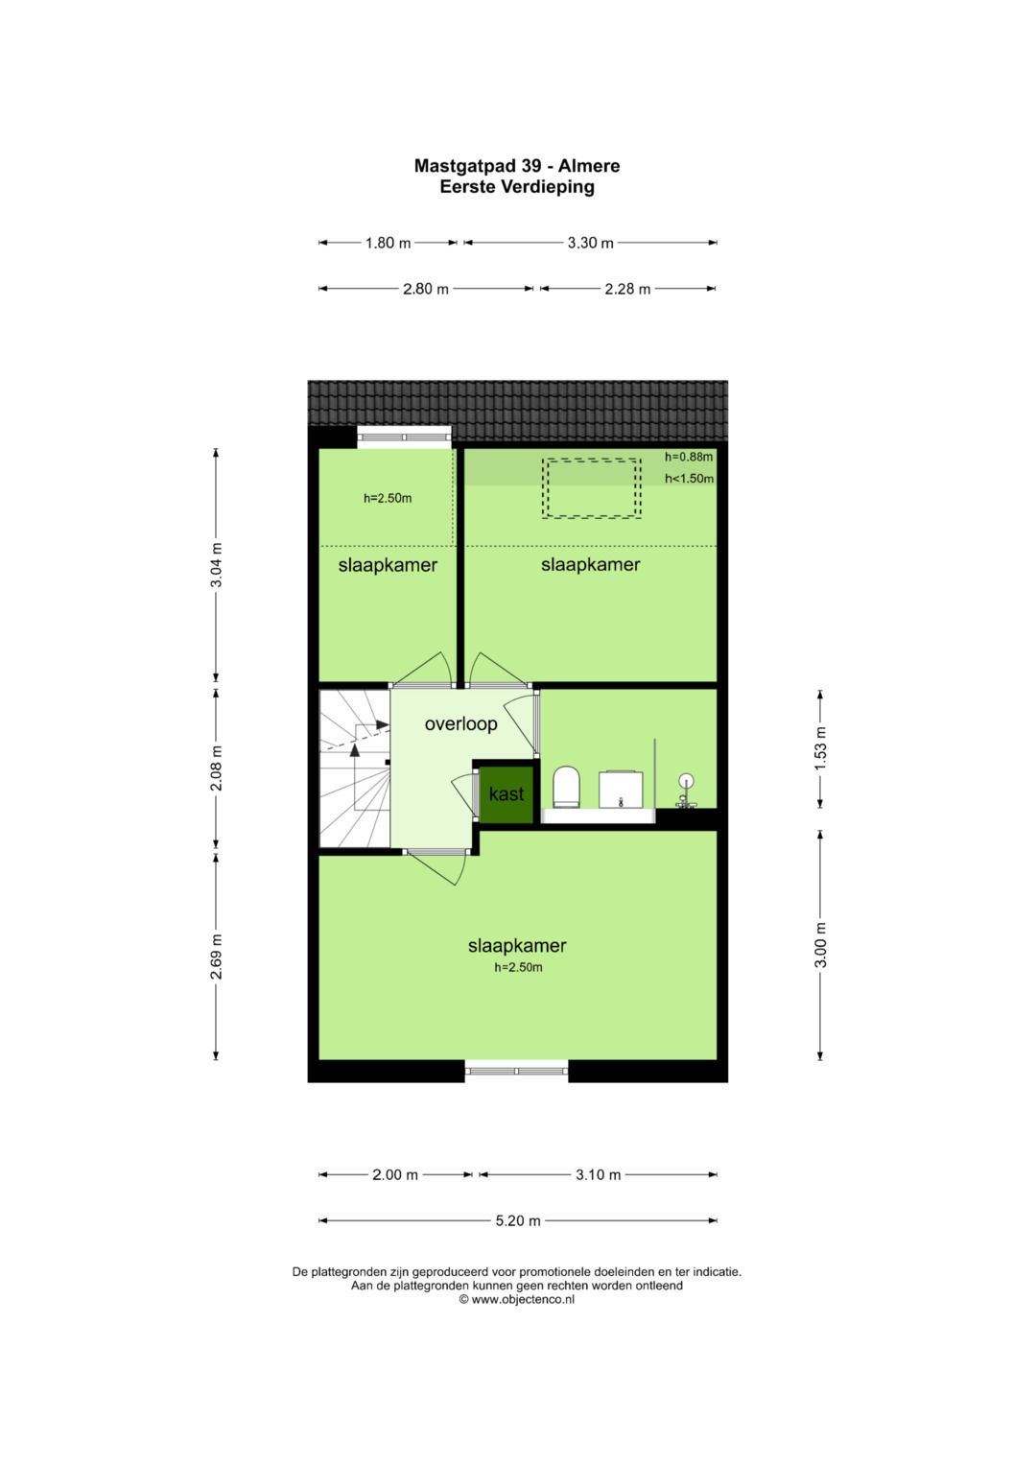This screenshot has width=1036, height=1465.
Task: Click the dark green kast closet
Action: [506, 794]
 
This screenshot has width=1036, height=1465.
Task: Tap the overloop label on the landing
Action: [460, 723]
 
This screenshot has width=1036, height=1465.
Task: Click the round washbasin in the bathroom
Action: [685, 782]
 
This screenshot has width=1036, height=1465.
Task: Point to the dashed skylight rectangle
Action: [591, 488]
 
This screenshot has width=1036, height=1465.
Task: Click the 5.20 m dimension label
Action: [518, 1220]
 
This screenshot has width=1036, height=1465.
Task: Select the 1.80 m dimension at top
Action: [388, 243]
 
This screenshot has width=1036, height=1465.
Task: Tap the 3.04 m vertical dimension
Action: [217, 565]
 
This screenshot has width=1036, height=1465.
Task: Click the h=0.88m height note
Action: [689, 457]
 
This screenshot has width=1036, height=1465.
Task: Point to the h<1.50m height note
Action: [689, 478]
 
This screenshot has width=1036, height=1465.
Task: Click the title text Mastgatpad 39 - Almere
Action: [517, 166]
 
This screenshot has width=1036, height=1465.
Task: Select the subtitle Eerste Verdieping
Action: [517, 187]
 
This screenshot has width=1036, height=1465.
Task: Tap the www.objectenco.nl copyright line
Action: [517, 1299]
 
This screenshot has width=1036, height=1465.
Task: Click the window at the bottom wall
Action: [517, 1071]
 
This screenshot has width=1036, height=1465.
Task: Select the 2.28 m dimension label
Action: [627, 289]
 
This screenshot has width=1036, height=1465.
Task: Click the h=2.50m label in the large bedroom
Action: [518, 967]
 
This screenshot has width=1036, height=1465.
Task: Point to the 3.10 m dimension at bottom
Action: [598, 1174]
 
